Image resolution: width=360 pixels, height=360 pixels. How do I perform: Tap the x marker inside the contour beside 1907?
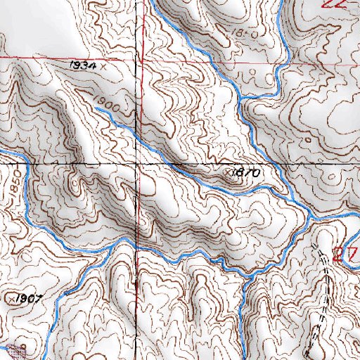click(x=8, y=299)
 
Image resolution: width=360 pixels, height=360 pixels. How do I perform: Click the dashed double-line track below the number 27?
click(x=322, y=302)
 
